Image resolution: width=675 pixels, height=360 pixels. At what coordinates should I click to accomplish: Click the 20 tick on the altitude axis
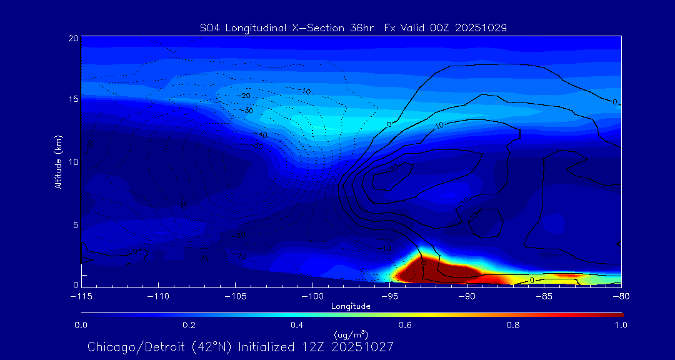click(73, 38)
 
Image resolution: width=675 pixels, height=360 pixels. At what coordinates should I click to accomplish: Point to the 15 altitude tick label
click(73, 99)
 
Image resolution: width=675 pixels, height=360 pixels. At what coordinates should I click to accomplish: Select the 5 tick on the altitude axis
click(76, 224)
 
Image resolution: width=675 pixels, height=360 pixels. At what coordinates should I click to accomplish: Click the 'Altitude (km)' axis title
click(58, 161)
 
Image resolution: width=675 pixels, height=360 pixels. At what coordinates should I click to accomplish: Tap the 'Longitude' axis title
click(351, 306)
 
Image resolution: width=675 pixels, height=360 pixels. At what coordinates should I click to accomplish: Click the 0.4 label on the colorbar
click(297, 325)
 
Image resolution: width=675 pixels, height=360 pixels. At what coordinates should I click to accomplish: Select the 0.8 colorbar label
click(513, 325)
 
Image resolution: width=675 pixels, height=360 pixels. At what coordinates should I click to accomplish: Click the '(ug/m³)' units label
click(351, 335)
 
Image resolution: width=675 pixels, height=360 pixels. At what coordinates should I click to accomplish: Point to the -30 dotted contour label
click(248, 111)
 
